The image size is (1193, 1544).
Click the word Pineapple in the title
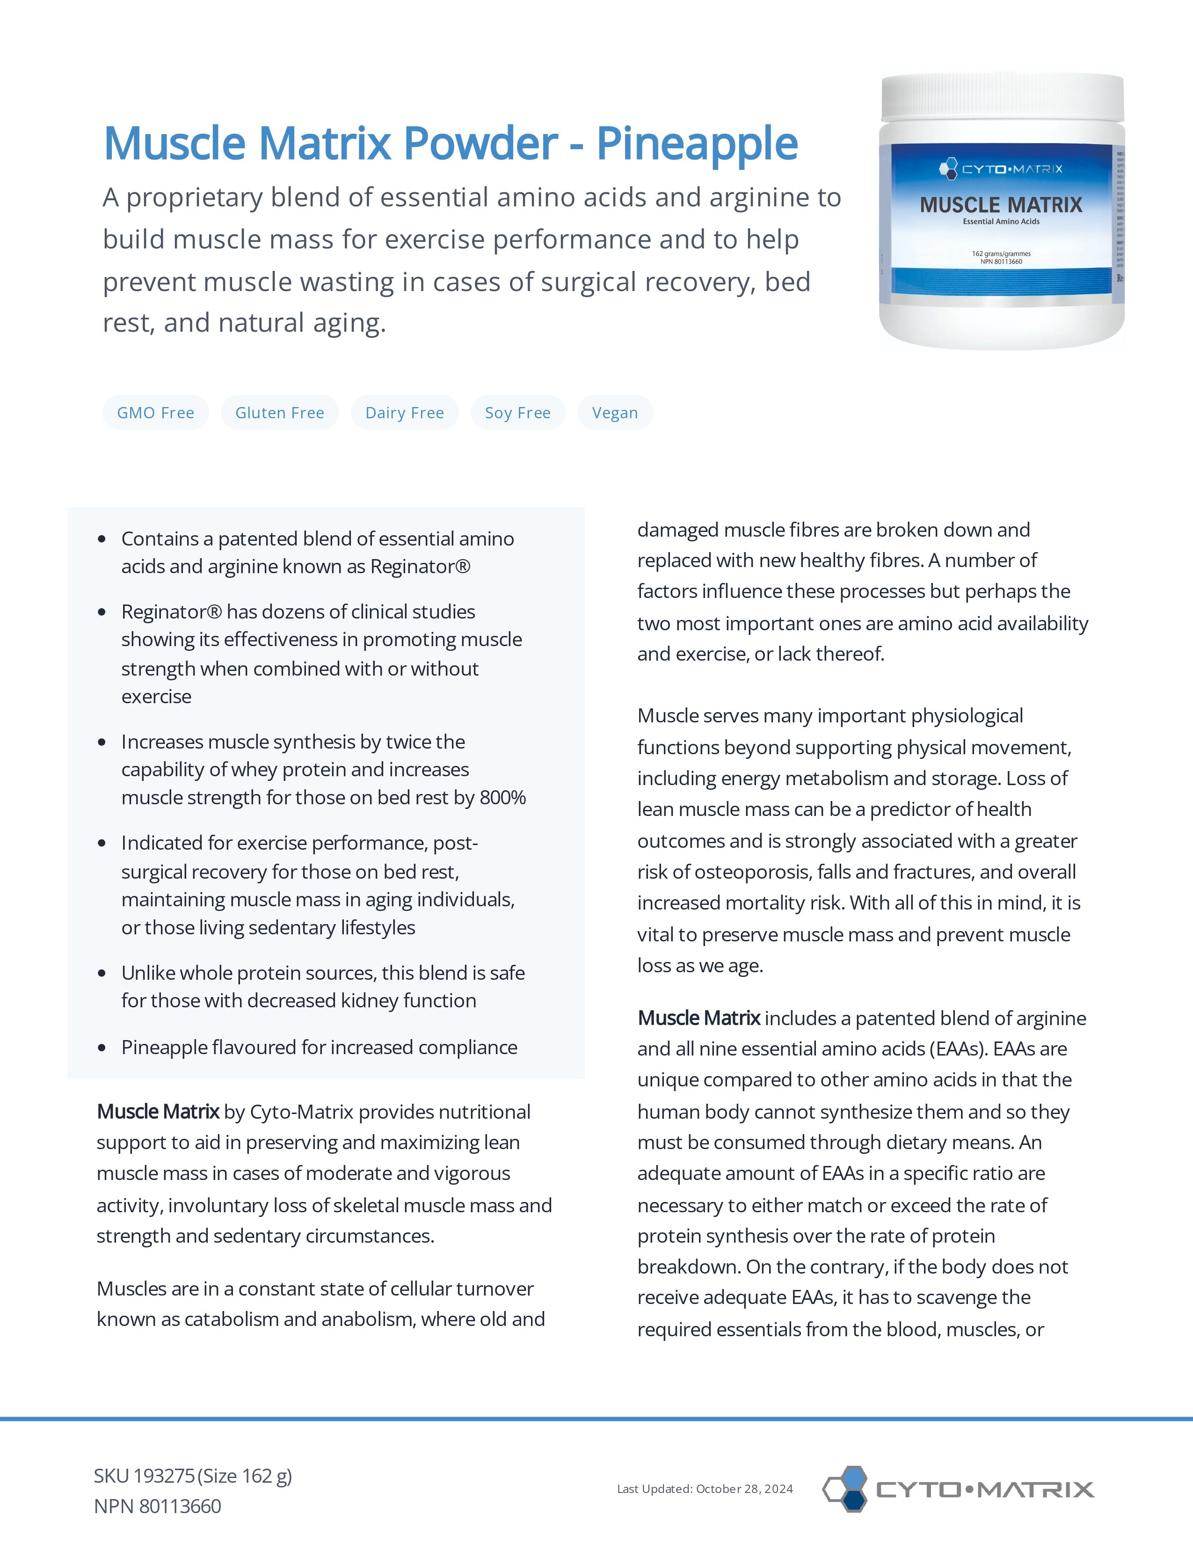click(697, 144)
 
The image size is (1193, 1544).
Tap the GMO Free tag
click(155, 413)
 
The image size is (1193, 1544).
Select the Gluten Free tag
click(280, 413)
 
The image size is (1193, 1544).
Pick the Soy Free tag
click(518, 413)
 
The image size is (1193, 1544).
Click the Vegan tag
click(615, 413)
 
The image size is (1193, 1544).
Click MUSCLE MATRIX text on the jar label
click(1001, 205)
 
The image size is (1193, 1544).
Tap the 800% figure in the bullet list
click(502, 797)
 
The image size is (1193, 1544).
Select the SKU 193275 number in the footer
click(164, 1476)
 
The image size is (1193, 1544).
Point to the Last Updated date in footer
click(705, 1489)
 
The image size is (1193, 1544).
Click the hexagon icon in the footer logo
click(847, 1488)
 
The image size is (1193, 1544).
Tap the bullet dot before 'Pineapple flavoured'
click(102, 1048)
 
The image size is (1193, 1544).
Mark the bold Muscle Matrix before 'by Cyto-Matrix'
click(158, 1112)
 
